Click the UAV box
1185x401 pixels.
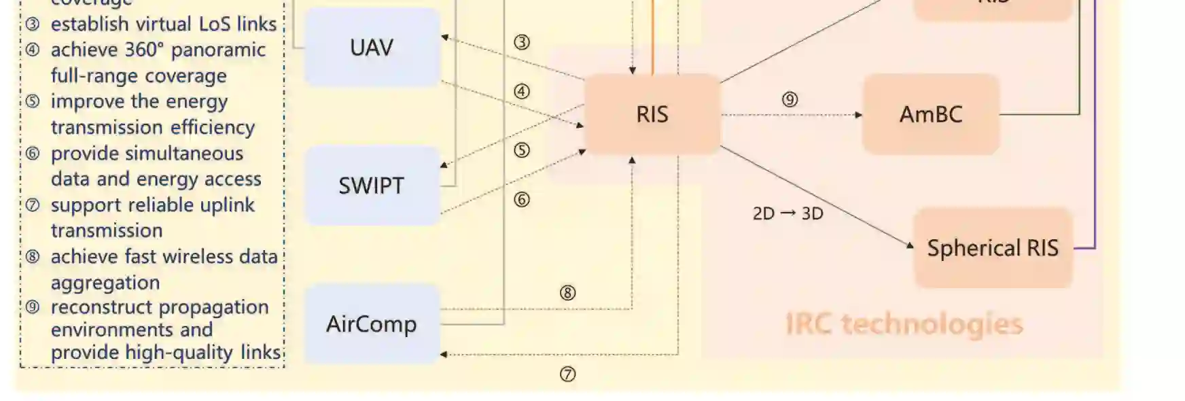[x=372, y=48]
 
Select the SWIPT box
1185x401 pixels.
[x=372, y=186]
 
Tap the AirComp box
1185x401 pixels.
[x=372, y=324]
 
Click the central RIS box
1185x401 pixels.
[x=652, y=114]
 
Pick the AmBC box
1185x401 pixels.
[x=930, y=114]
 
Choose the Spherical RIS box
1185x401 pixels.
[x=993, y=248]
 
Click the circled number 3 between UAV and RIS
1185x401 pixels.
[x=522, y=42]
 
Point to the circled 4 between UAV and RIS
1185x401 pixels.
[x=522, y=91]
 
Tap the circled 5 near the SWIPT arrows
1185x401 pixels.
[x=522, y=150]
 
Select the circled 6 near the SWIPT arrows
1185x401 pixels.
[x=522, y=199]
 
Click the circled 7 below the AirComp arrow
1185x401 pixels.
[x=567, y=374]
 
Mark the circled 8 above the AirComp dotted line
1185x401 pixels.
[x=567, y=293]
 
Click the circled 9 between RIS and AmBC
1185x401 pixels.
[x=790, y=99]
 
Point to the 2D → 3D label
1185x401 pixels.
[x=788, y=213]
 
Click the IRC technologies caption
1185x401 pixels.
[x=904, y=324]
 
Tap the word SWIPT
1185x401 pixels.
[x=372, y=186]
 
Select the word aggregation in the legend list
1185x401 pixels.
[x=105, y=283]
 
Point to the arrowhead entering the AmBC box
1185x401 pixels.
[x=859, y=115]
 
